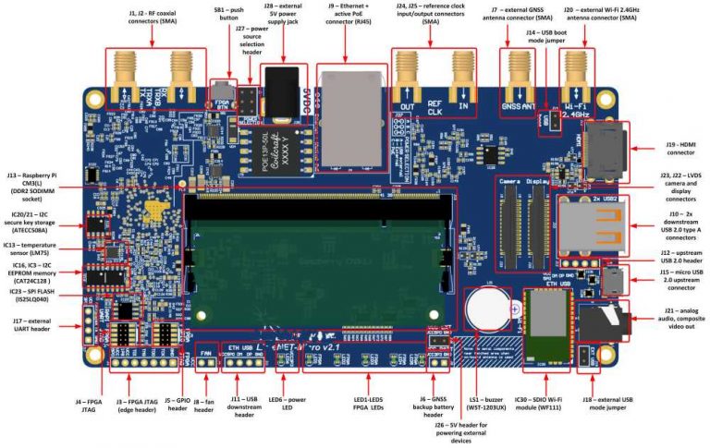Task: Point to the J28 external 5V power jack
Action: click(281, 87)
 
